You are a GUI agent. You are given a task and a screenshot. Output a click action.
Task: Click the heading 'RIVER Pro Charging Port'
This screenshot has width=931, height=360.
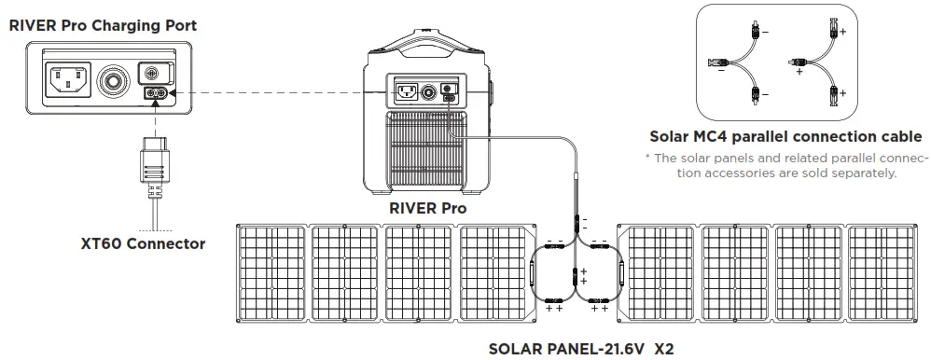[103, 25]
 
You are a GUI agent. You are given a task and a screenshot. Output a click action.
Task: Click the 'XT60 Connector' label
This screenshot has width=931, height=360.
[143, 244]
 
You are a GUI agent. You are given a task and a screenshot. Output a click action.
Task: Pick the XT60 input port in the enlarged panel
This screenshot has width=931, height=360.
[155, 93]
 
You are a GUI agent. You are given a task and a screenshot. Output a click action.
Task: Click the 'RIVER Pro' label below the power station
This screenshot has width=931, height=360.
[427, 208]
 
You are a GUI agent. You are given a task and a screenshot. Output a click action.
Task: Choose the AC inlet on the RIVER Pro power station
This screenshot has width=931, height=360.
[406, 93]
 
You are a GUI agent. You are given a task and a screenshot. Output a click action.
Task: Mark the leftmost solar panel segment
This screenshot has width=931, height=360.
[270, 271]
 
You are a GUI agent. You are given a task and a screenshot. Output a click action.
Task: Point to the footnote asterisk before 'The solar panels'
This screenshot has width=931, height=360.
[647, 157]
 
